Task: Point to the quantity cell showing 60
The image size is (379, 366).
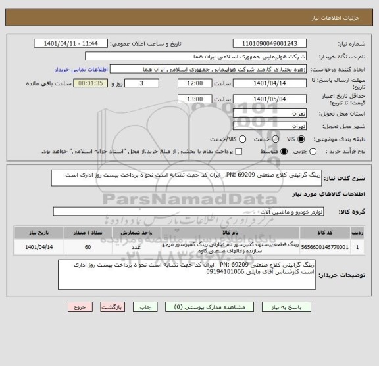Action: pyautogui.click(x=88, y=247)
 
